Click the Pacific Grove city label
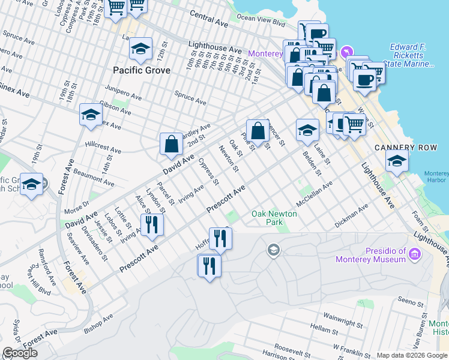pos(142,70)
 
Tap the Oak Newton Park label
pos(267,218)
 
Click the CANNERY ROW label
pos(403,148)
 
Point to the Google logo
pos(19,353)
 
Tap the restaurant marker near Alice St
pos(152,225)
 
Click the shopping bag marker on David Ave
pos(171,144)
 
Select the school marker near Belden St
pos(307,130)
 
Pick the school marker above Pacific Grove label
pos(141,49)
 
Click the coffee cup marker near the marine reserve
pos(364,79)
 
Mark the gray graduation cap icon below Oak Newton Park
pos(274,249)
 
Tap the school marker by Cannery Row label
pos(397,161)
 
